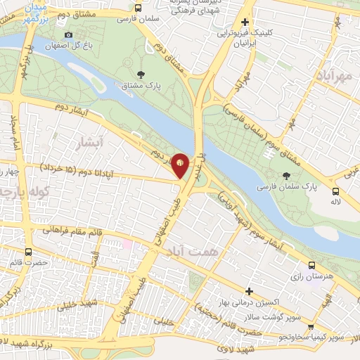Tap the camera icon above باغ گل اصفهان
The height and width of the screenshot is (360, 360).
(x=68, y=34)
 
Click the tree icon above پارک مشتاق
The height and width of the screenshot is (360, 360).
(x=141, y=75)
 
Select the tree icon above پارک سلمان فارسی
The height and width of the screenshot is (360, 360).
(x=286, y=176)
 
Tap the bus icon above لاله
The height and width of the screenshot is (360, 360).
(x=337, y=191)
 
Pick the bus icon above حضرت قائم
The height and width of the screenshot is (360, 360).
(x=29, y=251)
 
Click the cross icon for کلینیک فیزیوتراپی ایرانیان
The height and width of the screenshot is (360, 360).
(x=244, y=22)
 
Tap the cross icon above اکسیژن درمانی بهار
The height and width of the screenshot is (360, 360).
(x=248, y=291)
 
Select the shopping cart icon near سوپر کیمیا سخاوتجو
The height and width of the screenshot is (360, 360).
(x=311, y=327)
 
